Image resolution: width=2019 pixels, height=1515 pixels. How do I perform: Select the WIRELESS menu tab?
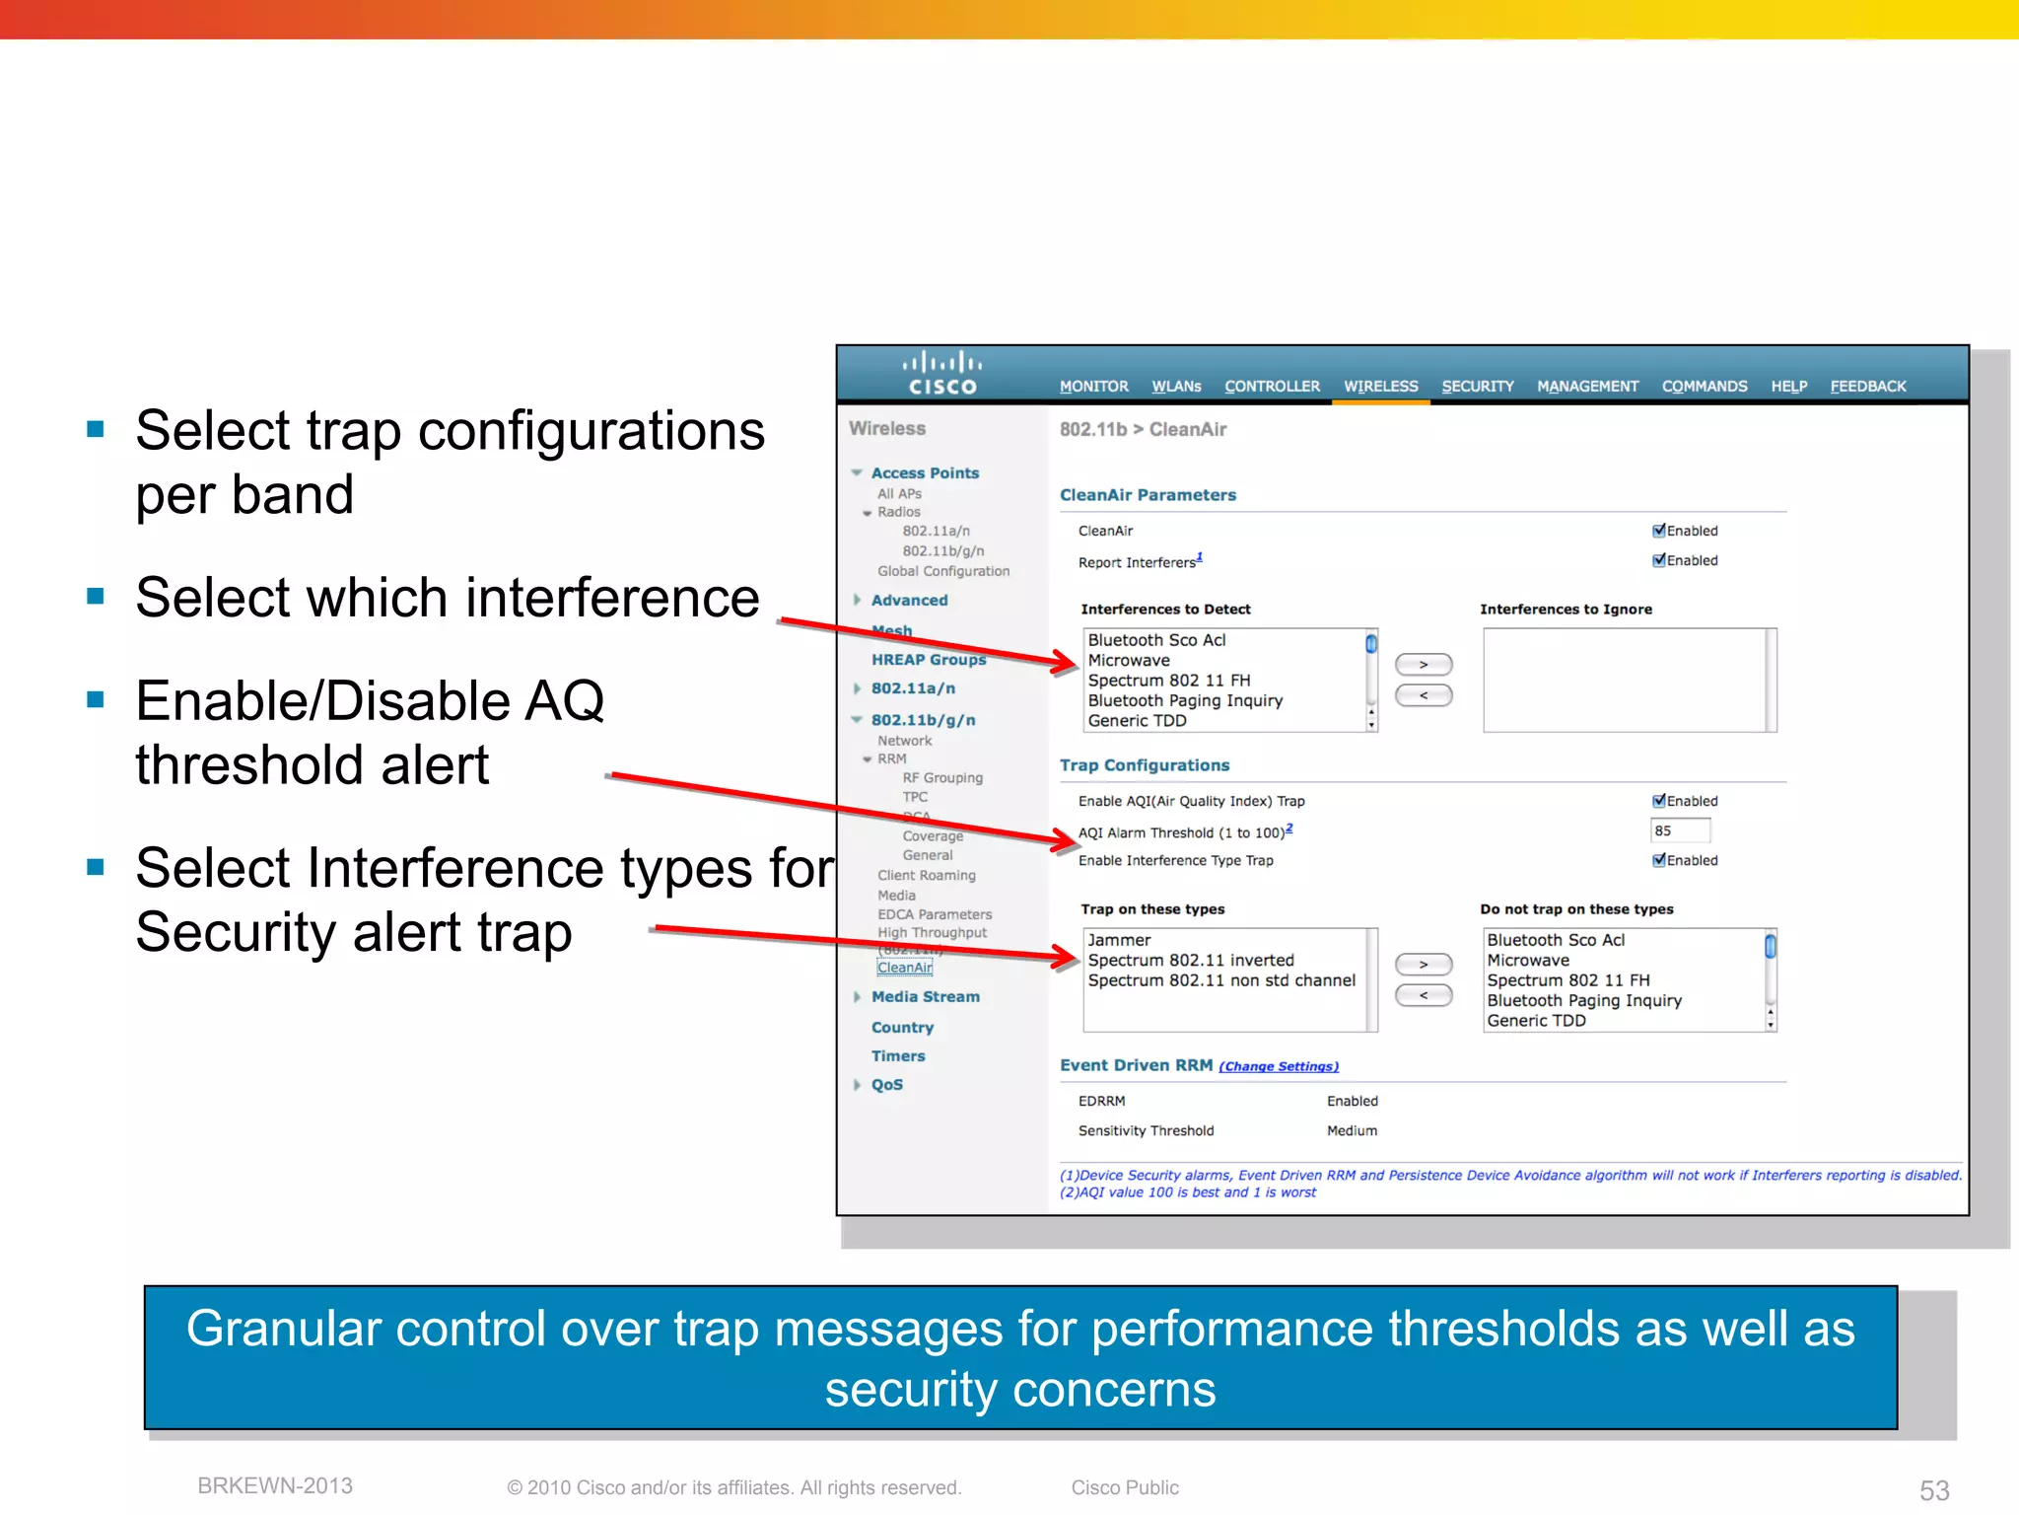point(1380,387)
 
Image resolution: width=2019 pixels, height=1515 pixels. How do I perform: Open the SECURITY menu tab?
point(1477,387)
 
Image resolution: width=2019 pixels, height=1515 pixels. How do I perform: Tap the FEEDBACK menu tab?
point(1867,387)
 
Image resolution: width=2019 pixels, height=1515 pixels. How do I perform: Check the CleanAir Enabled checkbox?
point(1659,531)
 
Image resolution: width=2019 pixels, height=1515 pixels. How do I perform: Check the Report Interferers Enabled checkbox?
point(1659,560)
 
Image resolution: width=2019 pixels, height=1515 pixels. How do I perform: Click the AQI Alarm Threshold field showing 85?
point(1679,830)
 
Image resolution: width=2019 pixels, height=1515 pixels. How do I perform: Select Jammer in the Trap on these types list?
point(1119,940)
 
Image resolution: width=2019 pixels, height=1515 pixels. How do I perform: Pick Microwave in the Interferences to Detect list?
point(1129,661)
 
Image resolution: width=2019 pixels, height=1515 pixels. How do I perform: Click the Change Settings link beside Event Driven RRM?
point(1278,1066)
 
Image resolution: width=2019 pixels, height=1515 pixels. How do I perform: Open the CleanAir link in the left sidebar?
point(904,968)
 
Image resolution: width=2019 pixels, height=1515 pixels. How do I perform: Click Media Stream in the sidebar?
point(925,997)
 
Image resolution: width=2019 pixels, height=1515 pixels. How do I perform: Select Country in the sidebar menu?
point(902,1028)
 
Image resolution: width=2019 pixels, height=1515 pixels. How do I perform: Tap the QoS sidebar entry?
point(886,1085)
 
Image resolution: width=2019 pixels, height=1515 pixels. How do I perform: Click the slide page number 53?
point(1933,1490)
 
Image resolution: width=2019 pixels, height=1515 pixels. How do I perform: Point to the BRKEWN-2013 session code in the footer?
point(275,1486)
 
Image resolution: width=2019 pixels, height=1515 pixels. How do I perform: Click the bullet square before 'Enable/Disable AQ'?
point(96,699)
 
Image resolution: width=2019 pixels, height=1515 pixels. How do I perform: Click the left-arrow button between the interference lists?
point(1423,695)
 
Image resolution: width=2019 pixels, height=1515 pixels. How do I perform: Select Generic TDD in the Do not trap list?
point(1536,1021)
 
